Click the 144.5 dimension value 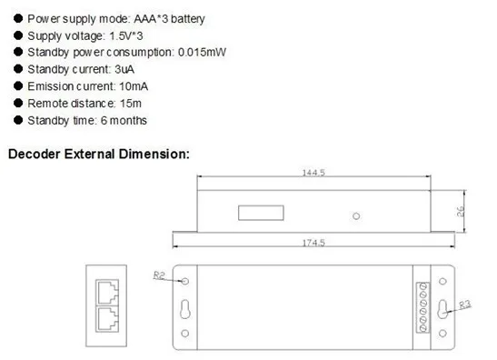(x=313, y=173)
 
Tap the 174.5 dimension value (x=313, y=243)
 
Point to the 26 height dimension (x=461, y=212)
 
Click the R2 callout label (x=159, y=275)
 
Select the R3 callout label (x=465, y=305)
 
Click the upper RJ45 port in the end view (x=107, y=292)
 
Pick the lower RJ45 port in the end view (x=107, y=319)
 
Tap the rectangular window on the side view (x=261, y=213)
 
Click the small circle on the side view (x=356, y=216)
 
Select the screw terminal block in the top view (x=422, y=307)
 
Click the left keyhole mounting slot (x=185, y=309)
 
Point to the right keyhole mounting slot (x=442, y=309)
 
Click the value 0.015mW (x=202, y=53)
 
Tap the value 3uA (x=124, y=69)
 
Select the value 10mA (x=134, y=86)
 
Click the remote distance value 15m (x=131, y=104)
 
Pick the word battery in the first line (x=188, y=19)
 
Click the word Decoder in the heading (x=35, y=155)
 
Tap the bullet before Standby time (x=18, y=120)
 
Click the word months (x=128, y=121)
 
